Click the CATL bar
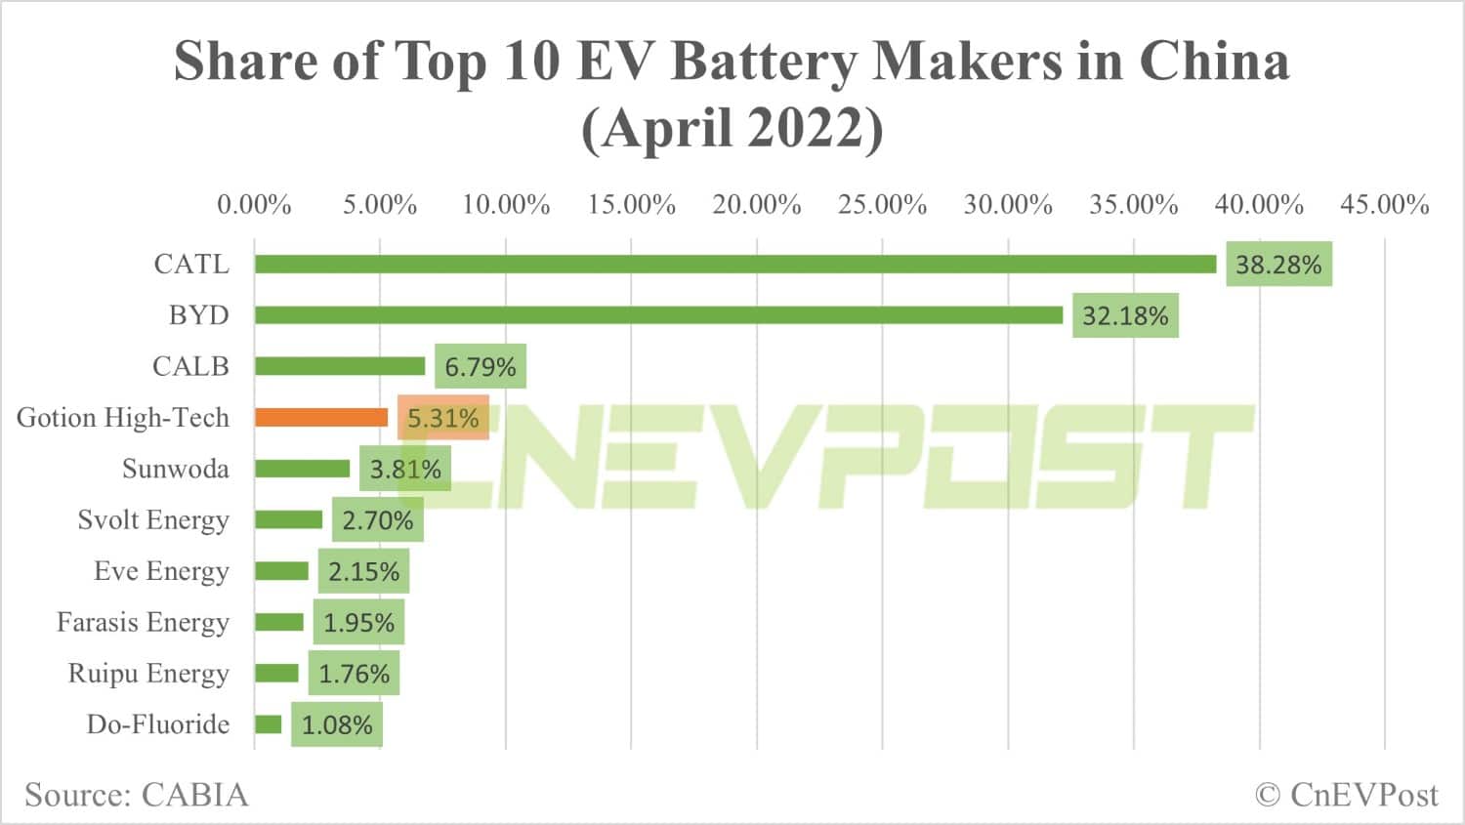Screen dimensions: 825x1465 735,264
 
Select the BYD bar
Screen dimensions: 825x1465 658,314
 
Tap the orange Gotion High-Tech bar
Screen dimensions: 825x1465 321,417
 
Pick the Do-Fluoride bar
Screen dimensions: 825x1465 268,724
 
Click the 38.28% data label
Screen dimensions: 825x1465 1278,265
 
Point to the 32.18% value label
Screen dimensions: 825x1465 1125,316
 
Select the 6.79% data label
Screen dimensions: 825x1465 481,367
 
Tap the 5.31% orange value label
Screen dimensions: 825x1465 442,419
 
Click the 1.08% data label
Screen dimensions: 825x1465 337,725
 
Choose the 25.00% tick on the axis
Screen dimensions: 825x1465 882,205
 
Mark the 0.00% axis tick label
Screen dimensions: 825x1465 254,205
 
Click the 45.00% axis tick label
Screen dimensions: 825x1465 1384,205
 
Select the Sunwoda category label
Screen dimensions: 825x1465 176,469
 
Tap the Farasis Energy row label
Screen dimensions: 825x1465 143,622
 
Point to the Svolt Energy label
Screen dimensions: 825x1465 153,519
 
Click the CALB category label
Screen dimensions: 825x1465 190,366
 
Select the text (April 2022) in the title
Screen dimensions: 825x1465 732,128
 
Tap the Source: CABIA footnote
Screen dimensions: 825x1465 137,795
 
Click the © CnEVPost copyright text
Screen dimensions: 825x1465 1346,795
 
